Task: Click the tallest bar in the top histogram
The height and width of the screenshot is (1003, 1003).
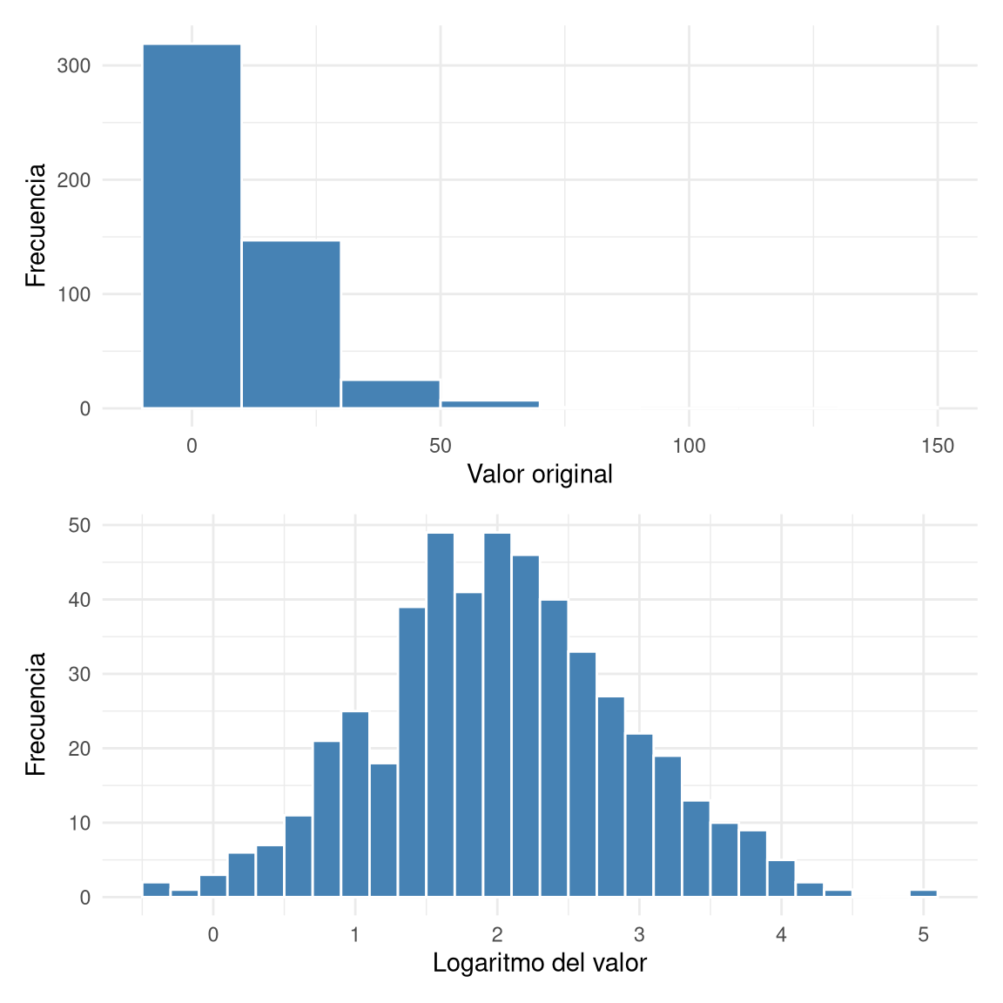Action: coord(192,226)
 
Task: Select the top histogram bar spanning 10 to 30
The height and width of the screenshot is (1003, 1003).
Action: coord(291,324)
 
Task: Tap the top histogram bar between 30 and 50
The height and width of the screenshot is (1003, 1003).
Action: coord(390,394)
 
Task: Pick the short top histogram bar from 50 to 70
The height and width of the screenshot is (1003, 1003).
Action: coord(489,404)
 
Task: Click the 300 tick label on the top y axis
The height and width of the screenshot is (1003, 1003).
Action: coord(74,66)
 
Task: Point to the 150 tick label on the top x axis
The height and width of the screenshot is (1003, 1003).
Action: coord(938,447)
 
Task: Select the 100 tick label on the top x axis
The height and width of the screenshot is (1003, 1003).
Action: coord(689,447)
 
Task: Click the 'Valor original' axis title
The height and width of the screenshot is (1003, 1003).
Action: coord(540,475)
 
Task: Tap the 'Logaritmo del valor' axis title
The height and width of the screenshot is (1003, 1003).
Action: coord(540,964)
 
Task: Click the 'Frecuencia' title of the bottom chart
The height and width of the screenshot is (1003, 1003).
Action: coord(36,714)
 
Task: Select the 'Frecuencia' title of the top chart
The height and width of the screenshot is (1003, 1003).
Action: coord(36,225)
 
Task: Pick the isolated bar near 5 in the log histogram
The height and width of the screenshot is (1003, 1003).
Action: coord(923,893)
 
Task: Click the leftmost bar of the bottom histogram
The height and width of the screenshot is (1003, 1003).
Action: coord(156,890)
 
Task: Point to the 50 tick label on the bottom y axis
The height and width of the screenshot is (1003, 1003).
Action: coord(80,526)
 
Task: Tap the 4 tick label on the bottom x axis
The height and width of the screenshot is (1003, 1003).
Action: coord(781,936)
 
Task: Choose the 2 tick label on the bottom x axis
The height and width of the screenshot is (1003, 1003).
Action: coord(497,936)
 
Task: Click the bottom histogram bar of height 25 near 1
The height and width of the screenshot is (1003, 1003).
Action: coord(355,804)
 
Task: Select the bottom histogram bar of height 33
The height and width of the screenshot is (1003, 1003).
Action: coord(582,775)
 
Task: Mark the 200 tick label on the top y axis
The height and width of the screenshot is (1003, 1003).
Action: coord(74,180)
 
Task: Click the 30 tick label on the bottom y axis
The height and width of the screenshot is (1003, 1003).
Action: coord(80,675)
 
